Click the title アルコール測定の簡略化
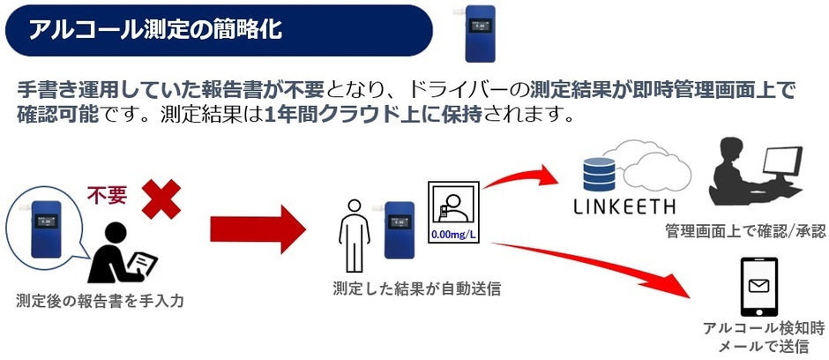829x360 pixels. [155, 30]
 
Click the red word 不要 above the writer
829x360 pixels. [107, 194]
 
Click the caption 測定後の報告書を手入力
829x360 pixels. [97, 302]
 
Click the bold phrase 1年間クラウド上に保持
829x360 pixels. [374, 116]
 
